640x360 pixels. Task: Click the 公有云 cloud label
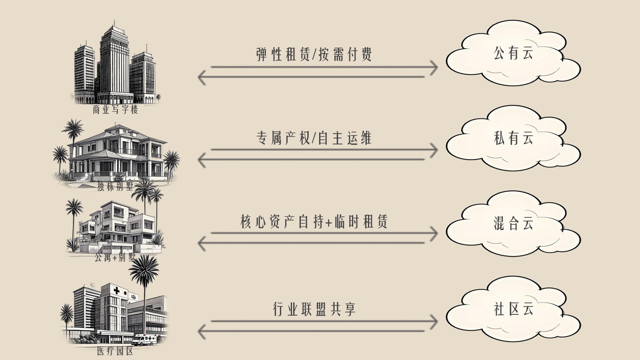click(513, 53)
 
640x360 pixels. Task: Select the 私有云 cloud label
click(513, 138)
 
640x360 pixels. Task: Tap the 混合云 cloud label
click(513, 223)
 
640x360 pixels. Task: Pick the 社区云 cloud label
click(513, 309)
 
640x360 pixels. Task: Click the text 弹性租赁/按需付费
click(314, 54)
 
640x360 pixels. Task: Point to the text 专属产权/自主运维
click(314, 138)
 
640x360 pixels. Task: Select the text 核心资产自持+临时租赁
click(314, 222)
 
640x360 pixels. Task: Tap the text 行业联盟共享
click(314, 309)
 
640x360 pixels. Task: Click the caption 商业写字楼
click(115, 110)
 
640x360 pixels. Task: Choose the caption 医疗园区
click(115, 351)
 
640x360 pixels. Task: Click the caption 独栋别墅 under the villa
click(115, 186)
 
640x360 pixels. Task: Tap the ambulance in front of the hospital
click(144, 340)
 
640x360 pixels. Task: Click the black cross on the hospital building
click(116, 290)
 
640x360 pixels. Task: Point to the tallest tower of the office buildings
click(114, 60)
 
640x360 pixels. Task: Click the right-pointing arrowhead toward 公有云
click(434, 67)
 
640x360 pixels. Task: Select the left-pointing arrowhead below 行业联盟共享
click(202, 331)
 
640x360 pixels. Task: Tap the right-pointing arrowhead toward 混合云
click(434, 233)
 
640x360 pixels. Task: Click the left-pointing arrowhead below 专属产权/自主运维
click(202, 160)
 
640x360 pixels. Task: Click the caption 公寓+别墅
click(115, 258)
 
